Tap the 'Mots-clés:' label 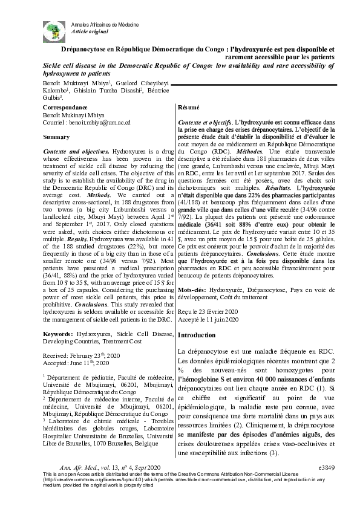pos(192,291)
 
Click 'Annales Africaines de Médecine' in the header pos(105,22)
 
